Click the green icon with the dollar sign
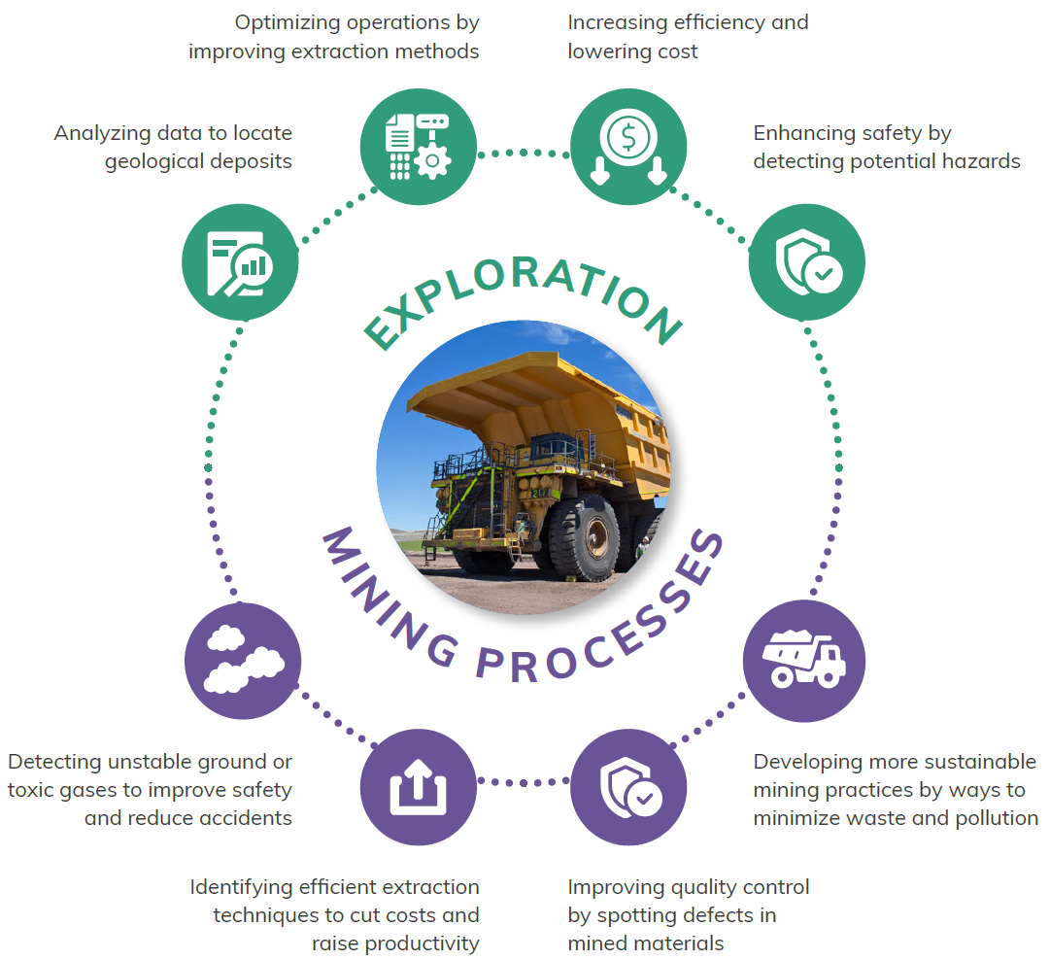click(628, 147)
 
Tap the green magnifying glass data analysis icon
click(240, 262)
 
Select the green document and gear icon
click(419, 147)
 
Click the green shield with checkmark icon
click(807, 262)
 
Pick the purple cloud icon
click(243, 661)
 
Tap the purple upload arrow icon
click(419, 787)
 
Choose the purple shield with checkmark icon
click(628, 787)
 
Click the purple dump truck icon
click(804, 661)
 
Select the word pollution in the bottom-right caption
click(997, 819)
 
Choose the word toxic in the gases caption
click(30, 791)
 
